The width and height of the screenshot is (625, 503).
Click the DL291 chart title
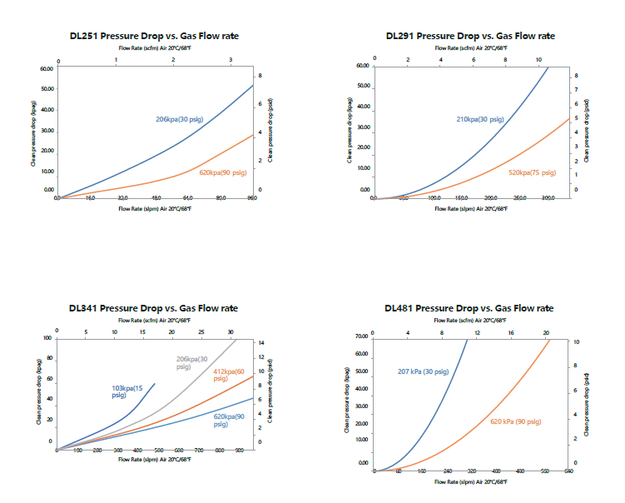tap(470, 37)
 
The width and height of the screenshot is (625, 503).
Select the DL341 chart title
tap(153, 308)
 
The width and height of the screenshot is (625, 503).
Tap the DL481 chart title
tap(470, 308)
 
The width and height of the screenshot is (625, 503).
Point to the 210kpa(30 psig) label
tap(480, 120)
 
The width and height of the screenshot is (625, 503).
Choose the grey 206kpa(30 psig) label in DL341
tap(191, 363)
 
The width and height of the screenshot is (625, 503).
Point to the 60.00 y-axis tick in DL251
tap(46, 67)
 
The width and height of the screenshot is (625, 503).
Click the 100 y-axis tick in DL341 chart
tap(47, 338)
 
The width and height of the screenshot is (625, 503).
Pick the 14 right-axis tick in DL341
tap(260, 342)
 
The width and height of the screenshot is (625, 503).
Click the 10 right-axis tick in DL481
tap(575, 342)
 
